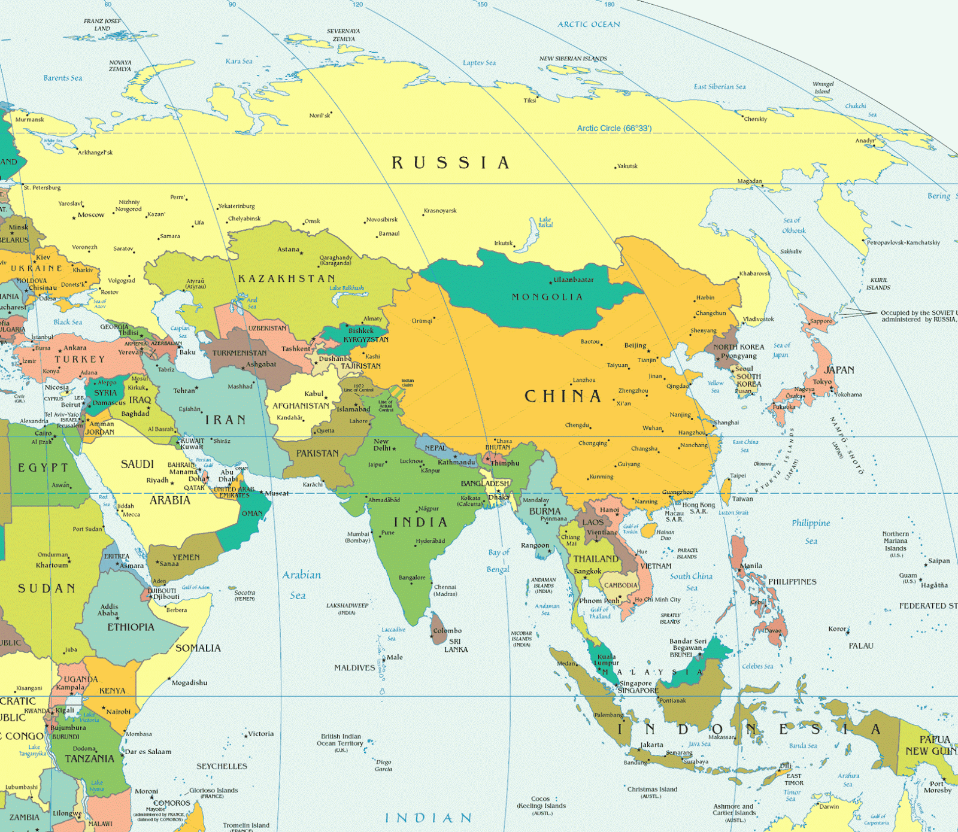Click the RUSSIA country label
click(x=450, y=163)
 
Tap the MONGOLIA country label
click(x=547, y=297)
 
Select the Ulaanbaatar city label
click(x=573, y=280)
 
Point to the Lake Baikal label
click(x=545, y=222)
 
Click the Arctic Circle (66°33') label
click(x=614, y=128)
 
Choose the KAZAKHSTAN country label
click(x=286, y=279)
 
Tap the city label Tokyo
click(x=821, y=382)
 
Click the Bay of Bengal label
click(x=498, y=561)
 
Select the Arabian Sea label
click(x=301, y=584)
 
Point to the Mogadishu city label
click(x=189, y=682)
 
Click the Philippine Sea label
click(x=811, y=532)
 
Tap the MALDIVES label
click(x=354, y=668)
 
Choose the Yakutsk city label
click(x=627, y=166)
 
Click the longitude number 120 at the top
click(x=357, y=4)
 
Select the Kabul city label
click(x=314, y=394)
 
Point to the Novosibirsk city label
click(x=382, y=220)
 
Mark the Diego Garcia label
click(x=383, y=766)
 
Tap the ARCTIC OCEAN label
click(x=589, y=25)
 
